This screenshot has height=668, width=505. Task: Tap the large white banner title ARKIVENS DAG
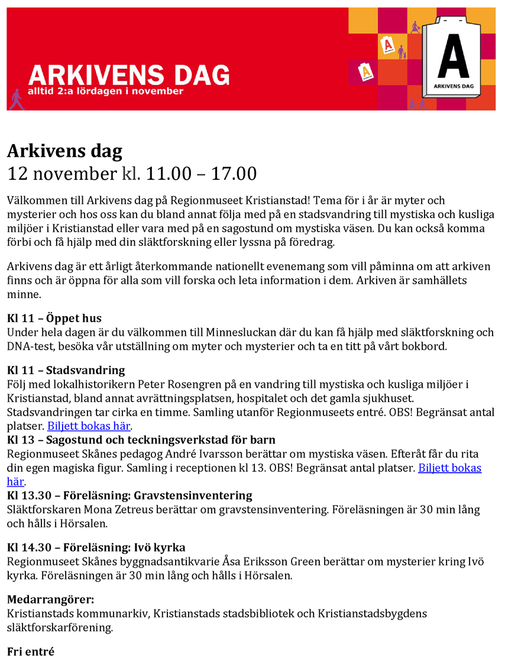[129, 75]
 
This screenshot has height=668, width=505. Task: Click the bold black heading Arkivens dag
[64, 151]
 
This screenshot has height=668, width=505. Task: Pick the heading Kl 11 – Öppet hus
[54, 319]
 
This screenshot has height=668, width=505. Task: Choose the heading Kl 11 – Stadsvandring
[66, 371]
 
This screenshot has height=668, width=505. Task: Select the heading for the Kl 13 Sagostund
[141, 440]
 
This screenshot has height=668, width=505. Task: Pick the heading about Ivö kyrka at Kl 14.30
[96, 547]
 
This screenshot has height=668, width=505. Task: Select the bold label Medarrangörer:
[51, 600]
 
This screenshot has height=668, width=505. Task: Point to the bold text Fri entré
[31, 651]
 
